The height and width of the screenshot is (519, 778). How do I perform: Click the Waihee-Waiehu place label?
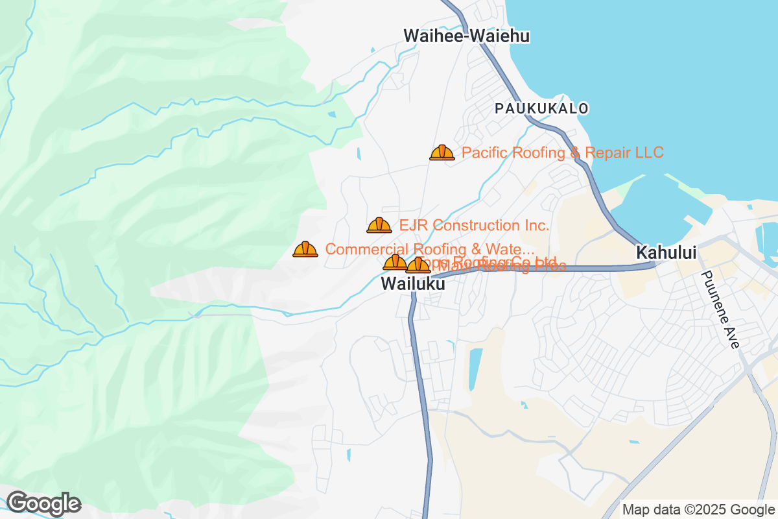click(467, 36)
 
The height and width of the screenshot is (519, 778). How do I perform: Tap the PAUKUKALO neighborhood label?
click(542, 108)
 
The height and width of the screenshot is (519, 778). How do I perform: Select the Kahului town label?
click(666, 252)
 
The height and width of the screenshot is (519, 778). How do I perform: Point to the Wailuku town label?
click(413, 284)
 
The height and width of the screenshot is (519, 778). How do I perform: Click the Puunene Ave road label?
click(720, 309)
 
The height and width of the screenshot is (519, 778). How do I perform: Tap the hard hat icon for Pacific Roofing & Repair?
click(442, 153)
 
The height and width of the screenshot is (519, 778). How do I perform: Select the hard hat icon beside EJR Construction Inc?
click(379, 226)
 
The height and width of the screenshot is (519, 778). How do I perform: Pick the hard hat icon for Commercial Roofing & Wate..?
click(305, 250)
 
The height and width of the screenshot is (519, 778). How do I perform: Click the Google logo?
click(43, 503)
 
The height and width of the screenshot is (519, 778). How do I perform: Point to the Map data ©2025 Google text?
click(698, 510)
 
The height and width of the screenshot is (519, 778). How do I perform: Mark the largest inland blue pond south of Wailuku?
click(476, 361)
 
